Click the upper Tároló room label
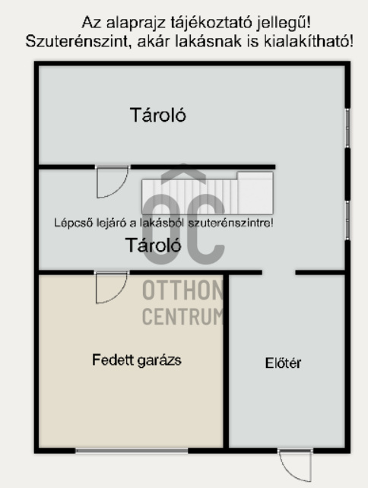(x=158, y=115)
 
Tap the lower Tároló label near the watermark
(x=153, y=245)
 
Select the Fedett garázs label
(x=137, y=360)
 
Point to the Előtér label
(x=283, y=363)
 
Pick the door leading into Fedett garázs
(x=112, y=287)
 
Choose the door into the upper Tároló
(x=113, y=182)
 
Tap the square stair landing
(x=255, y=193)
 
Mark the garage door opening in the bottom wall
(x=132, y=450)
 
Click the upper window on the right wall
(x=347, y=128)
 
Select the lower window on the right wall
(x=347, y=220)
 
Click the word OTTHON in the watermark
(x=182, y=290)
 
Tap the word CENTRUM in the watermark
(x=182, y=316)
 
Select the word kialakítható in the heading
(x=309, y=41)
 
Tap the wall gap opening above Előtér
(x=278, y=273)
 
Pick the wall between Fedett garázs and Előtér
(x=227, y=361)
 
